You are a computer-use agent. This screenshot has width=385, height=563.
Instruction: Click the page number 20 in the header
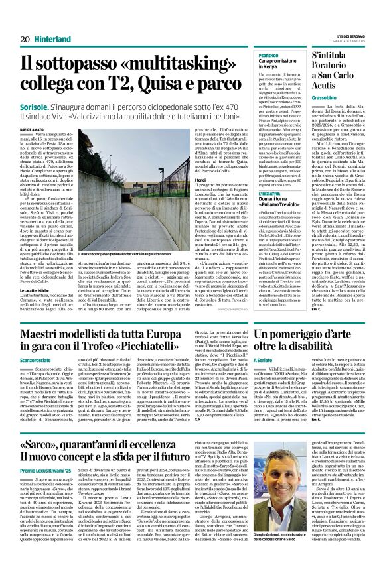tap(25, 39)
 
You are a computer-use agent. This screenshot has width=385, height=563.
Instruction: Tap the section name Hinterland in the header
tap(52, 39)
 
